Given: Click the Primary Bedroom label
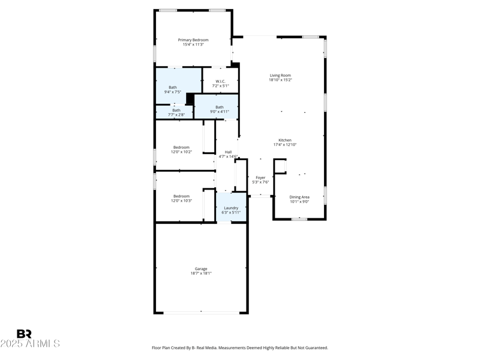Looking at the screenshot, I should point(193,40).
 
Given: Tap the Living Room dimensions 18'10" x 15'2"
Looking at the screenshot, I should point(280,80).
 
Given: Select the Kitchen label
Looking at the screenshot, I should point(285,140).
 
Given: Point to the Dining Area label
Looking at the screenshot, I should point(299,197).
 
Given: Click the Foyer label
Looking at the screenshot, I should point(260,178).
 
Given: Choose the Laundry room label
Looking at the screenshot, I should point(231,208).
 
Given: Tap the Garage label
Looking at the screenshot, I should point(201,268).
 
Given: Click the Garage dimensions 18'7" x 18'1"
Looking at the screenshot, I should point(201,273).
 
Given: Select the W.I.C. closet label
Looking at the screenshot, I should point(220,81).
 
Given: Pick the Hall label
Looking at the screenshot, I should point(228,152).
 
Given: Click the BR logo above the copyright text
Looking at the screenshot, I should point(24,334).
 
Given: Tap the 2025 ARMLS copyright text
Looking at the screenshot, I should point(30,344).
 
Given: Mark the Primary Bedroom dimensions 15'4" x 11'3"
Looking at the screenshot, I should point(193,44).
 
